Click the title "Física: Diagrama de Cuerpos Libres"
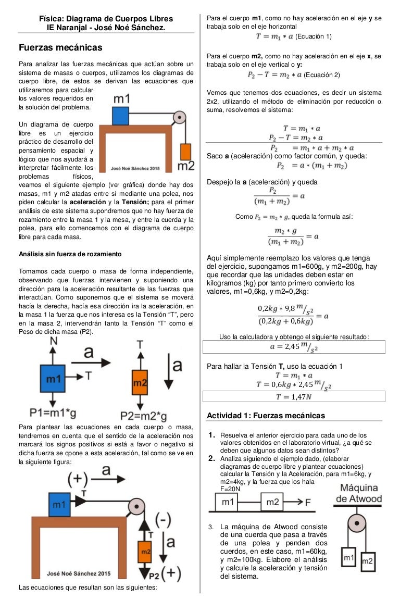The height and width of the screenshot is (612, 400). tap(106, 19)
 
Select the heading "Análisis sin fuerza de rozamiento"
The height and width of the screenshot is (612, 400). tap(70, 254)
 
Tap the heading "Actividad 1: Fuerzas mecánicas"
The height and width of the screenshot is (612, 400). tap(266, 416)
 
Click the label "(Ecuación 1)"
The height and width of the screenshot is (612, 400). tap(314, 36)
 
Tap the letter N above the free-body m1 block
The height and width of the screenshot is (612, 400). tap(54, 341)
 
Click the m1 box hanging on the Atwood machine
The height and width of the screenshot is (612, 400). tap(349, 558)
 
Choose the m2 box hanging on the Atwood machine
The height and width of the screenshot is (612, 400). tap(367, 561)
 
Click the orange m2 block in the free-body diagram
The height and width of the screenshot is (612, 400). tap(139, 382)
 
